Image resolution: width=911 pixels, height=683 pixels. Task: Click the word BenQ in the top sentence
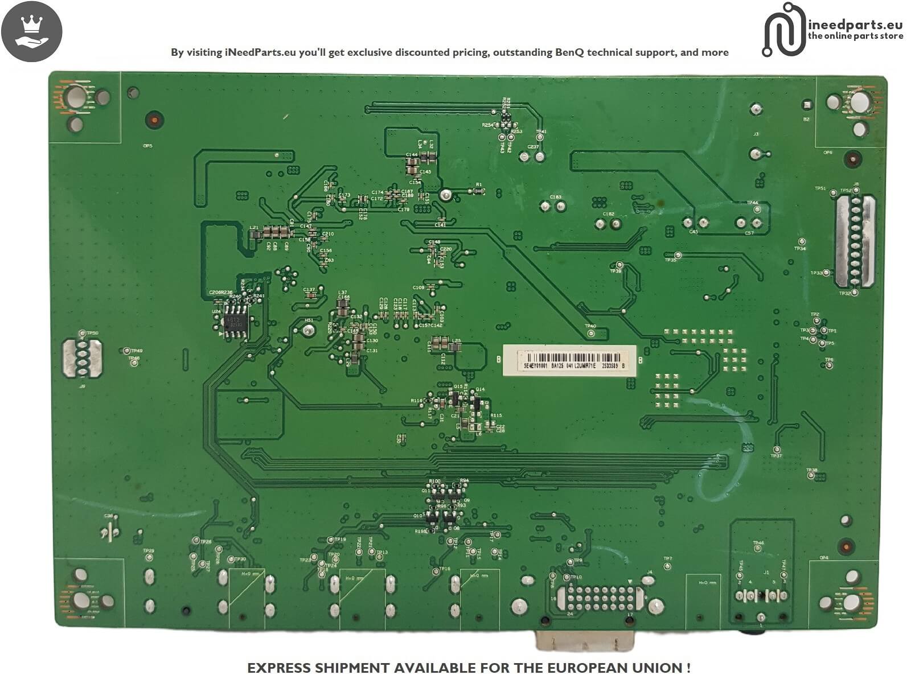tap(570, 52)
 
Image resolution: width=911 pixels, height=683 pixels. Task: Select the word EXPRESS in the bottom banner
tap(280, 668)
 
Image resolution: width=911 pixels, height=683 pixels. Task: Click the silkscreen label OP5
tap(147, 146)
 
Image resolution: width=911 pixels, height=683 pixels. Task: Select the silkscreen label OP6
tap(827, 152)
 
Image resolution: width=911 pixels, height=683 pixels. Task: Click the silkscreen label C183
tap(555, 197)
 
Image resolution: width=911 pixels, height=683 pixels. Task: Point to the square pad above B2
tap(807, 105)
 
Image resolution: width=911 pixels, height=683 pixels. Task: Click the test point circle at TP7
tap(668, 566)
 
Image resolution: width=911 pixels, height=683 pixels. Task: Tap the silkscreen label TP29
tap(148, 550)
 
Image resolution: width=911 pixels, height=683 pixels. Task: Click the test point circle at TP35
tap(678, 255)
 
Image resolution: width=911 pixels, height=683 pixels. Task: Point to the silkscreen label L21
tap(254, 227)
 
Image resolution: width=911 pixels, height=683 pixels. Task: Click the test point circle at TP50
tap(83, 333)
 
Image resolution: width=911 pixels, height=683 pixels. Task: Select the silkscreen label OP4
tap(823, 558)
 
